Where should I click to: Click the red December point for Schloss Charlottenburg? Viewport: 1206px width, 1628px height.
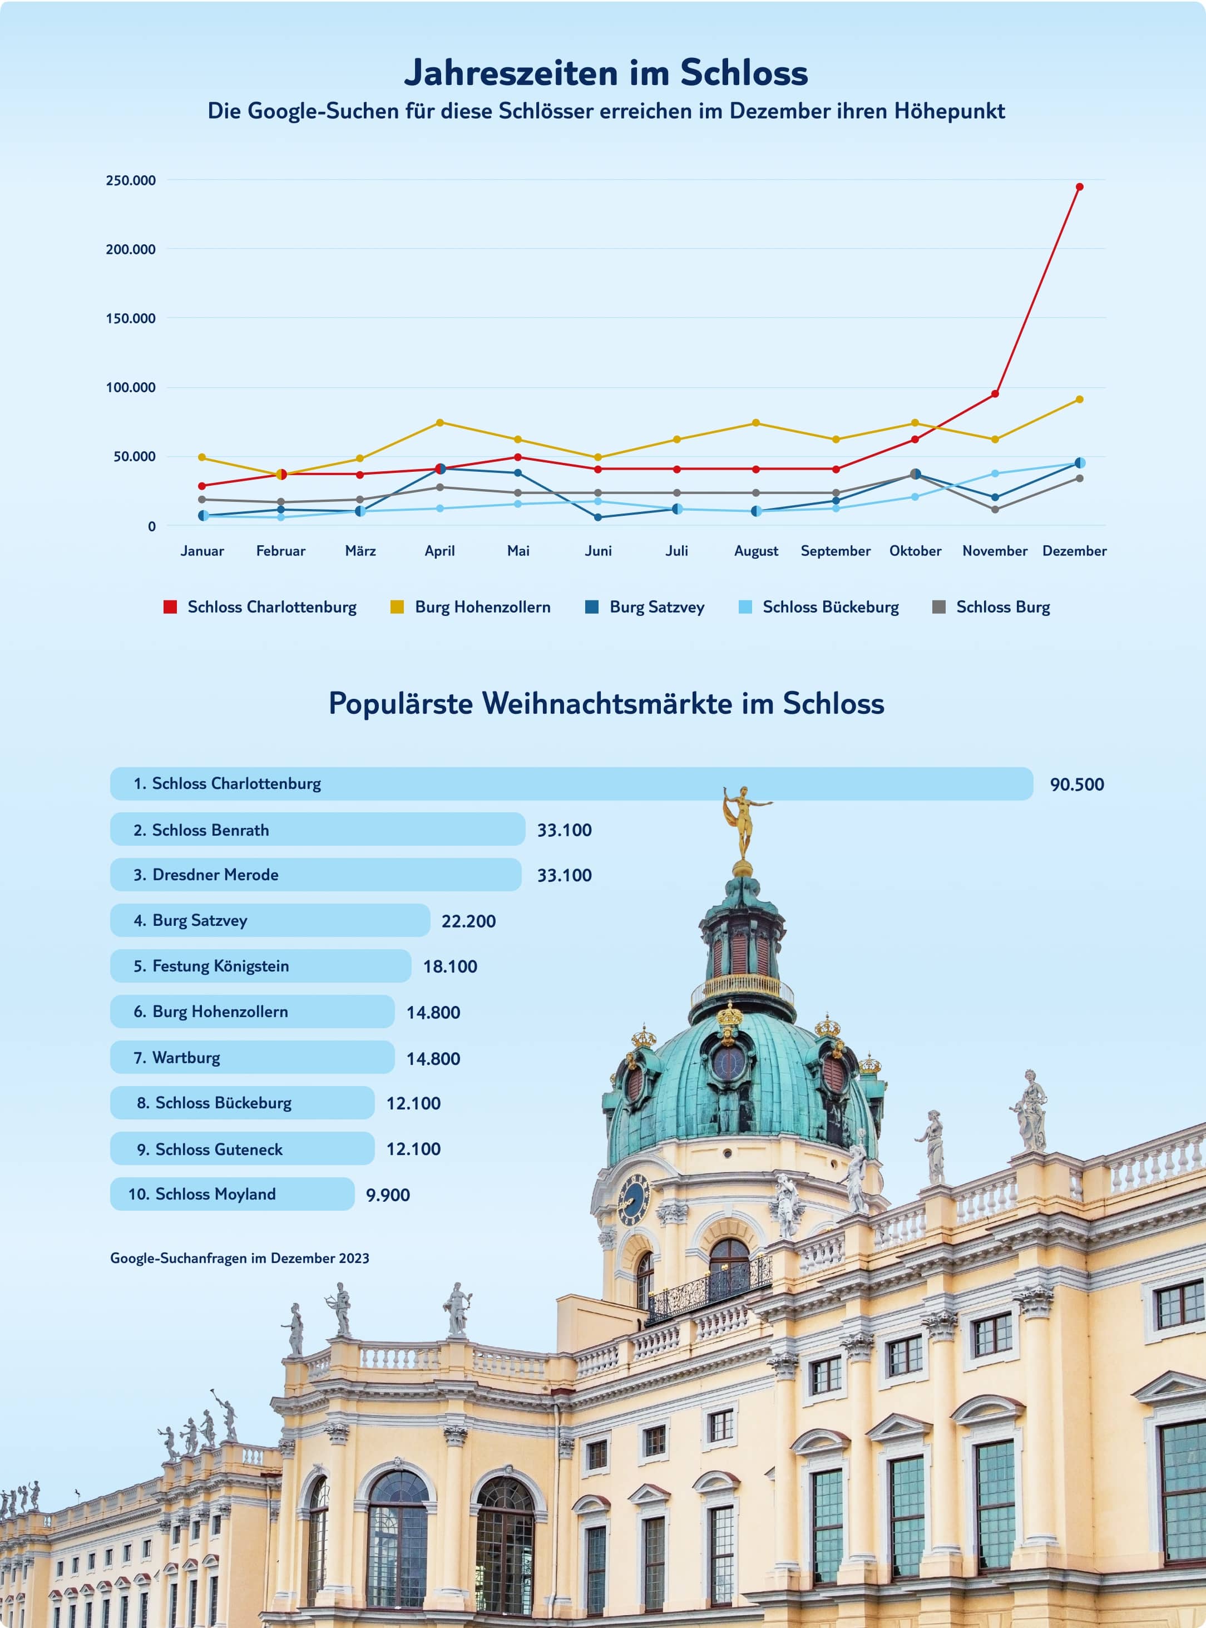[1079, 187]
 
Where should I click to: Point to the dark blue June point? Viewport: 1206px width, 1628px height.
[598, 517]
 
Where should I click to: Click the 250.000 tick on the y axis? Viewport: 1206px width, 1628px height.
[131, 180]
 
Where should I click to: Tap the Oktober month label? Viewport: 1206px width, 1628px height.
[915, 551]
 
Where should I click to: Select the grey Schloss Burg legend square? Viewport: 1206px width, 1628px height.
[940, 608]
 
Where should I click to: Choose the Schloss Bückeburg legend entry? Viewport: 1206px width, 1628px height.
[830, 608]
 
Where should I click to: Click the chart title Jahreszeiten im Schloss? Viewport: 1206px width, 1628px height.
[606, 72]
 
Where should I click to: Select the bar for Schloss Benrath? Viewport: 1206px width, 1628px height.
[318, 830]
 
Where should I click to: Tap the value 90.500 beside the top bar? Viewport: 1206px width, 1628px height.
[1077, 785]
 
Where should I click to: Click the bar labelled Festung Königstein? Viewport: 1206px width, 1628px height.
[261, 966]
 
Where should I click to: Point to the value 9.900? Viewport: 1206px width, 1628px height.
[388, 1195]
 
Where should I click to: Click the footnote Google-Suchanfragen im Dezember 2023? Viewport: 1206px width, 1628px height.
[239, 1258]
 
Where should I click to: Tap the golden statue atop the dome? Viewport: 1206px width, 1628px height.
[744, 821]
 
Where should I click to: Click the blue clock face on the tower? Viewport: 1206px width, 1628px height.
[633, 1200]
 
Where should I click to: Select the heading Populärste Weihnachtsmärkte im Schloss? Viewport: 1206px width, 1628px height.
[606, 704]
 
